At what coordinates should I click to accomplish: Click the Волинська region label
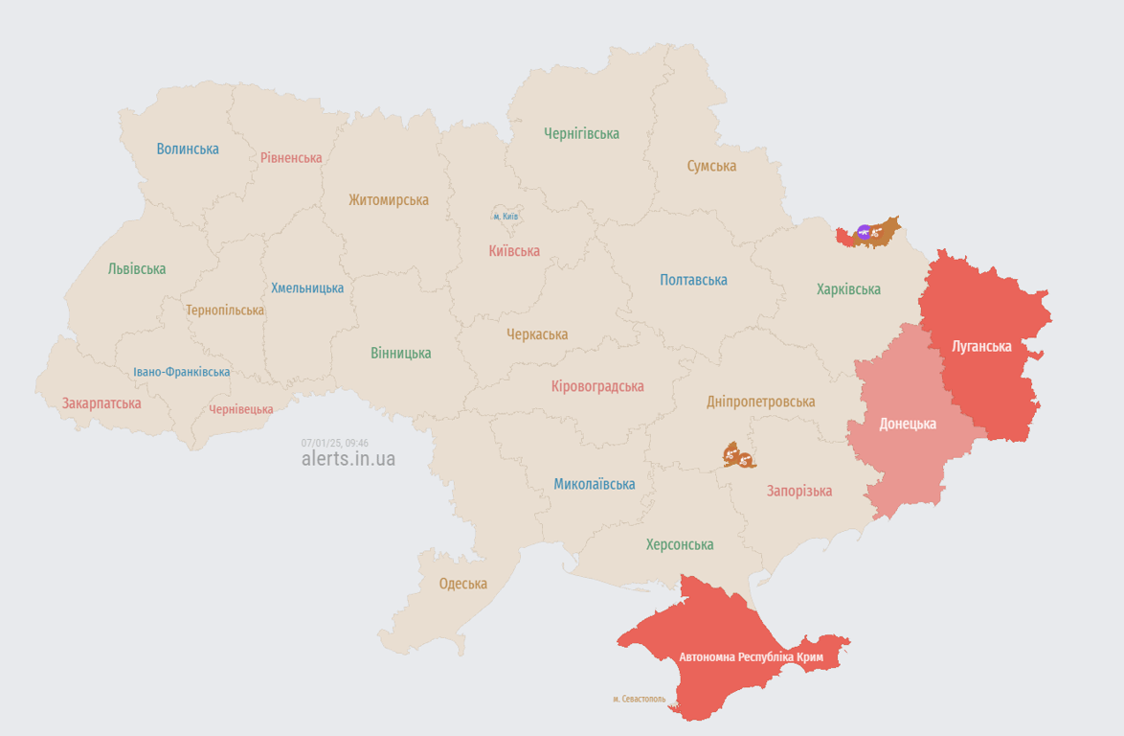(x=188, y=149)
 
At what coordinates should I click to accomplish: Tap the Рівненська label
(x=291, y=157)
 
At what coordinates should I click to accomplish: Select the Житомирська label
(x=388, y=200)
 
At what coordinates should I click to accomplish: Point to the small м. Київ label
(x=506, y=217)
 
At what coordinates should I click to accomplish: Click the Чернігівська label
(x=581, y=134)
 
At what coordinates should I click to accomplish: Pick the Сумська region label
(x=711, y=166)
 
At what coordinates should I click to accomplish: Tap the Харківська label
(x=848, y=288)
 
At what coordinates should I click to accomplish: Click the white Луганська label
(x=981, y=346)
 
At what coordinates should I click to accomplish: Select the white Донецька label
(x=908, y=424)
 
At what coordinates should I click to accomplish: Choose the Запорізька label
(x=798, y=491)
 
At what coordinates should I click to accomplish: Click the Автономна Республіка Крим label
(x=751, y=657)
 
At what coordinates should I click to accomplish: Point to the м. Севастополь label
(x=639, y=699)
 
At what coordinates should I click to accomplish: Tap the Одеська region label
(x=462, y=584)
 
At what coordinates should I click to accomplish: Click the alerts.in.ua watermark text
(x=348, y=459)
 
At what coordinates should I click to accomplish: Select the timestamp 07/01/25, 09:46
(x=334, y=443)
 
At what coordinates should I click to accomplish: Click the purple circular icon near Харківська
(x=865, y=231)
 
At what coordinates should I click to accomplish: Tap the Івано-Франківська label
(x=181, y=372)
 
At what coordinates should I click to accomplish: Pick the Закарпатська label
(x=101, y=403)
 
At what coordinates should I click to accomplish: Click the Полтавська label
(x=693, y=280)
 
